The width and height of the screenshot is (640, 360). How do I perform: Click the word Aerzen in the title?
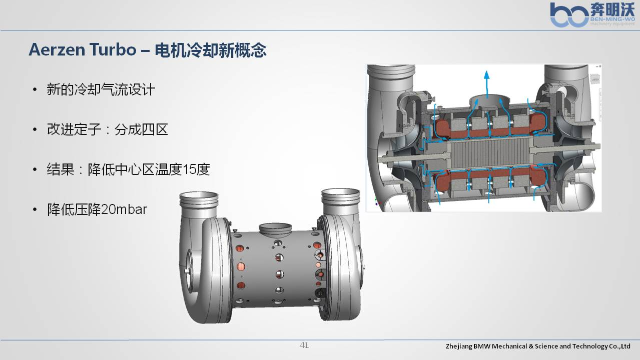tap(57, 49)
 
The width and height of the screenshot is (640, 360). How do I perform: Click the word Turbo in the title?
tap(113, 49)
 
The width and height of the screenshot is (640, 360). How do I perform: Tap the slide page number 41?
tap(304, 345)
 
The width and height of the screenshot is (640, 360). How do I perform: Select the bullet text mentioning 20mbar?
tap(97, 209)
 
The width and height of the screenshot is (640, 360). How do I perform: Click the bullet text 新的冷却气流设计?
tap(101, 89)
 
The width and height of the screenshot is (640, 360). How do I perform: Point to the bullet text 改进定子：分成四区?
tap(108, 129)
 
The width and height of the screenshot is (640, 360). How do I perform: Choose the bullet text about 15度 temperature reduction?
tap(128, 169)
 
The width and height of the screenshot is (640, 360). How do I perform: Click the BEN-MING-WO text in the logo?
tap(612, 19)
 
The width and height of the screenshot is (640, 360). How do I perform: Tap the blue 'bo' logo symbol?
tap(569, 15)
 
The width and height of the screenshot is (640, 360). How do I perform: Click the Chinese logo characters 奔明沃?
tap(612, 9)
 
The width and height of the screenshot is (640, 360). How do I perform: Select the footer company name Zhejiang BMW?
tap(538, 346)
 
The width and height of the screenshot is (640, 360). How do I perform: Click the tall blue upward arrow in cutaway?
tap(487, 85)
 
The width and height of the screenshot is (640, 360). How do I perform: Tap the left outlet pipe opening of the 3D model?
tap(199, 196)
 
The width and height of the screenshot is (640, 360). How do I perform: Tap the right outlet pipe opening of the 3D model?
tap(341, 193)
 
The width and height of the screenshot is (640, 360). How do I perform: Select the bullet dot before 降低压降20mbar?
tap(35, 210)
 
